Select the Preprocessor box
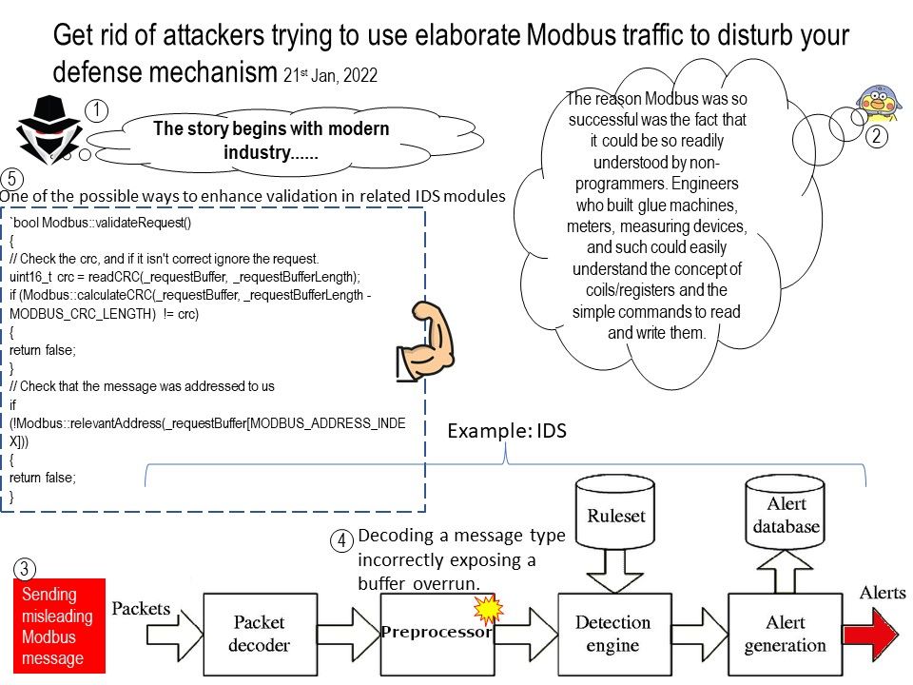pyautogui.click(x=436, y=633)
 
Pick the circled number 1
pyautogui.click(x=96, y=110)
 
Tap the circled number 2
pyautogui.click(x=875, y=136)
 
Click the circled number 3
pyautogui.click(x=26, y=569)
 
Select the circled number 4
pyautogui.click(x=342, y=540)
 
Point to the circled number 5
pyautogui.click(x=11, y=178)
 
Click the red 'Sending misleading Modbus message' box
pyautogui.click(x=58, y=626)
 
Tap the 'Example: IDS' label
pyautogui.click(x=507, y=431)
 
